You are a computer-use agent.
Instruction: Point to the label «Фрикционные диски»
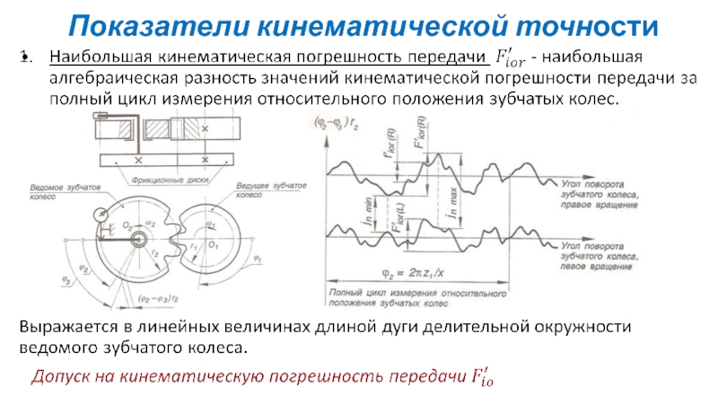168,179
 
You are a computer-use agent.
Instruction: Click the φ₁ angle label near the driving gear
258,258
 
